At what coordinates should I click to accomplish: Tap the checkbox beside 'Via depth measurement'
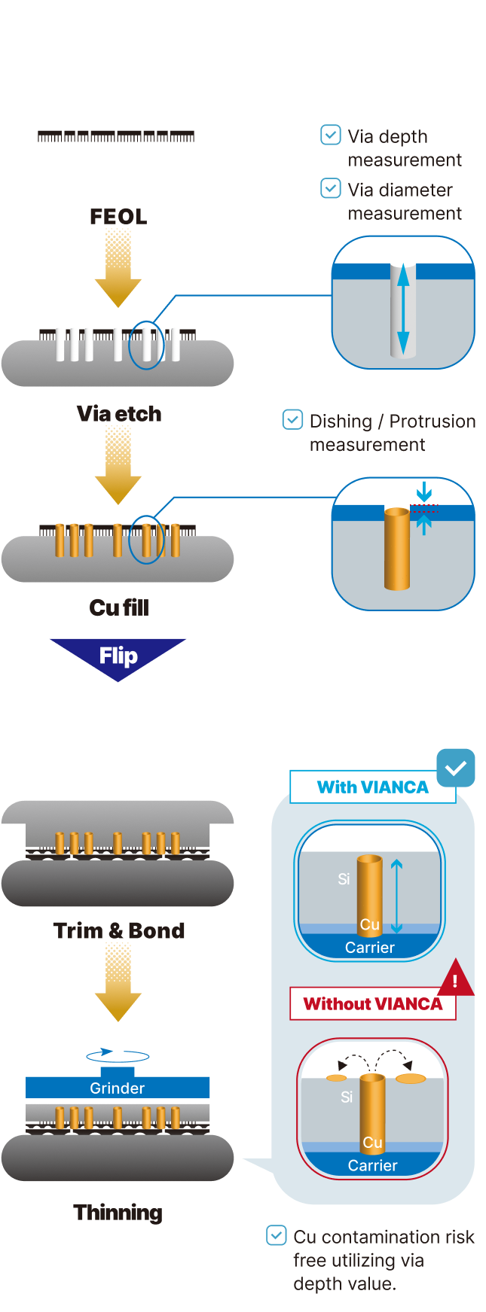331,135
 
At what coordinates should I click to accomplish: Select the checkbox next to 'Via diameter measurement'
331,188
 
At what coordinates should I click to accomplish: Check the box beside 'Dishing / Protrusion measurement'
292,419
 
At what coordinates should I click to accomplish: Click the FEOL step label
118,217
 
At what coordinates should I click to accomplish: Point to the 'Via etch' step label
118,413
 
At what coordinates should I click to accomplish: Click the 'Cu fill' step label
118,607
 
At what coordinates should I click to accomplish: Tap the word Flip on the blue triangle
118,656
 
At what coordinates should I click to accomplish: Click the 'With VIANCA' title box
372,787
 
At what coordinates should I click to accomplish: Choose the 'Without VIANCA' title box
372,1003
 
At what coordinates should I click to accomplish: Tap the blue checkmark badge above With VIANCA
456,768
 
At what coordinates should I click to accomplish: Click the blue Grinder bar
118,1088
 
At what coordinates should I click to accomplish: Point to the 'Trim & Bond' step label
118,930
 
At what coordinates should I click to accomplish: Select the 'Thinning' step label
118,1213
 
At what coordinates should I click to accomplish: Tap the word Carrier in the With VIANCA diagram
369,948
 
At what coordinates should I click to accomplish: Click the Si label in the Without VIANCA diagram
347,1097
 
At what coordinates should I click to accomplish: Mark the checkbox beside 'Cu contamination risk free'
277,1235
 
